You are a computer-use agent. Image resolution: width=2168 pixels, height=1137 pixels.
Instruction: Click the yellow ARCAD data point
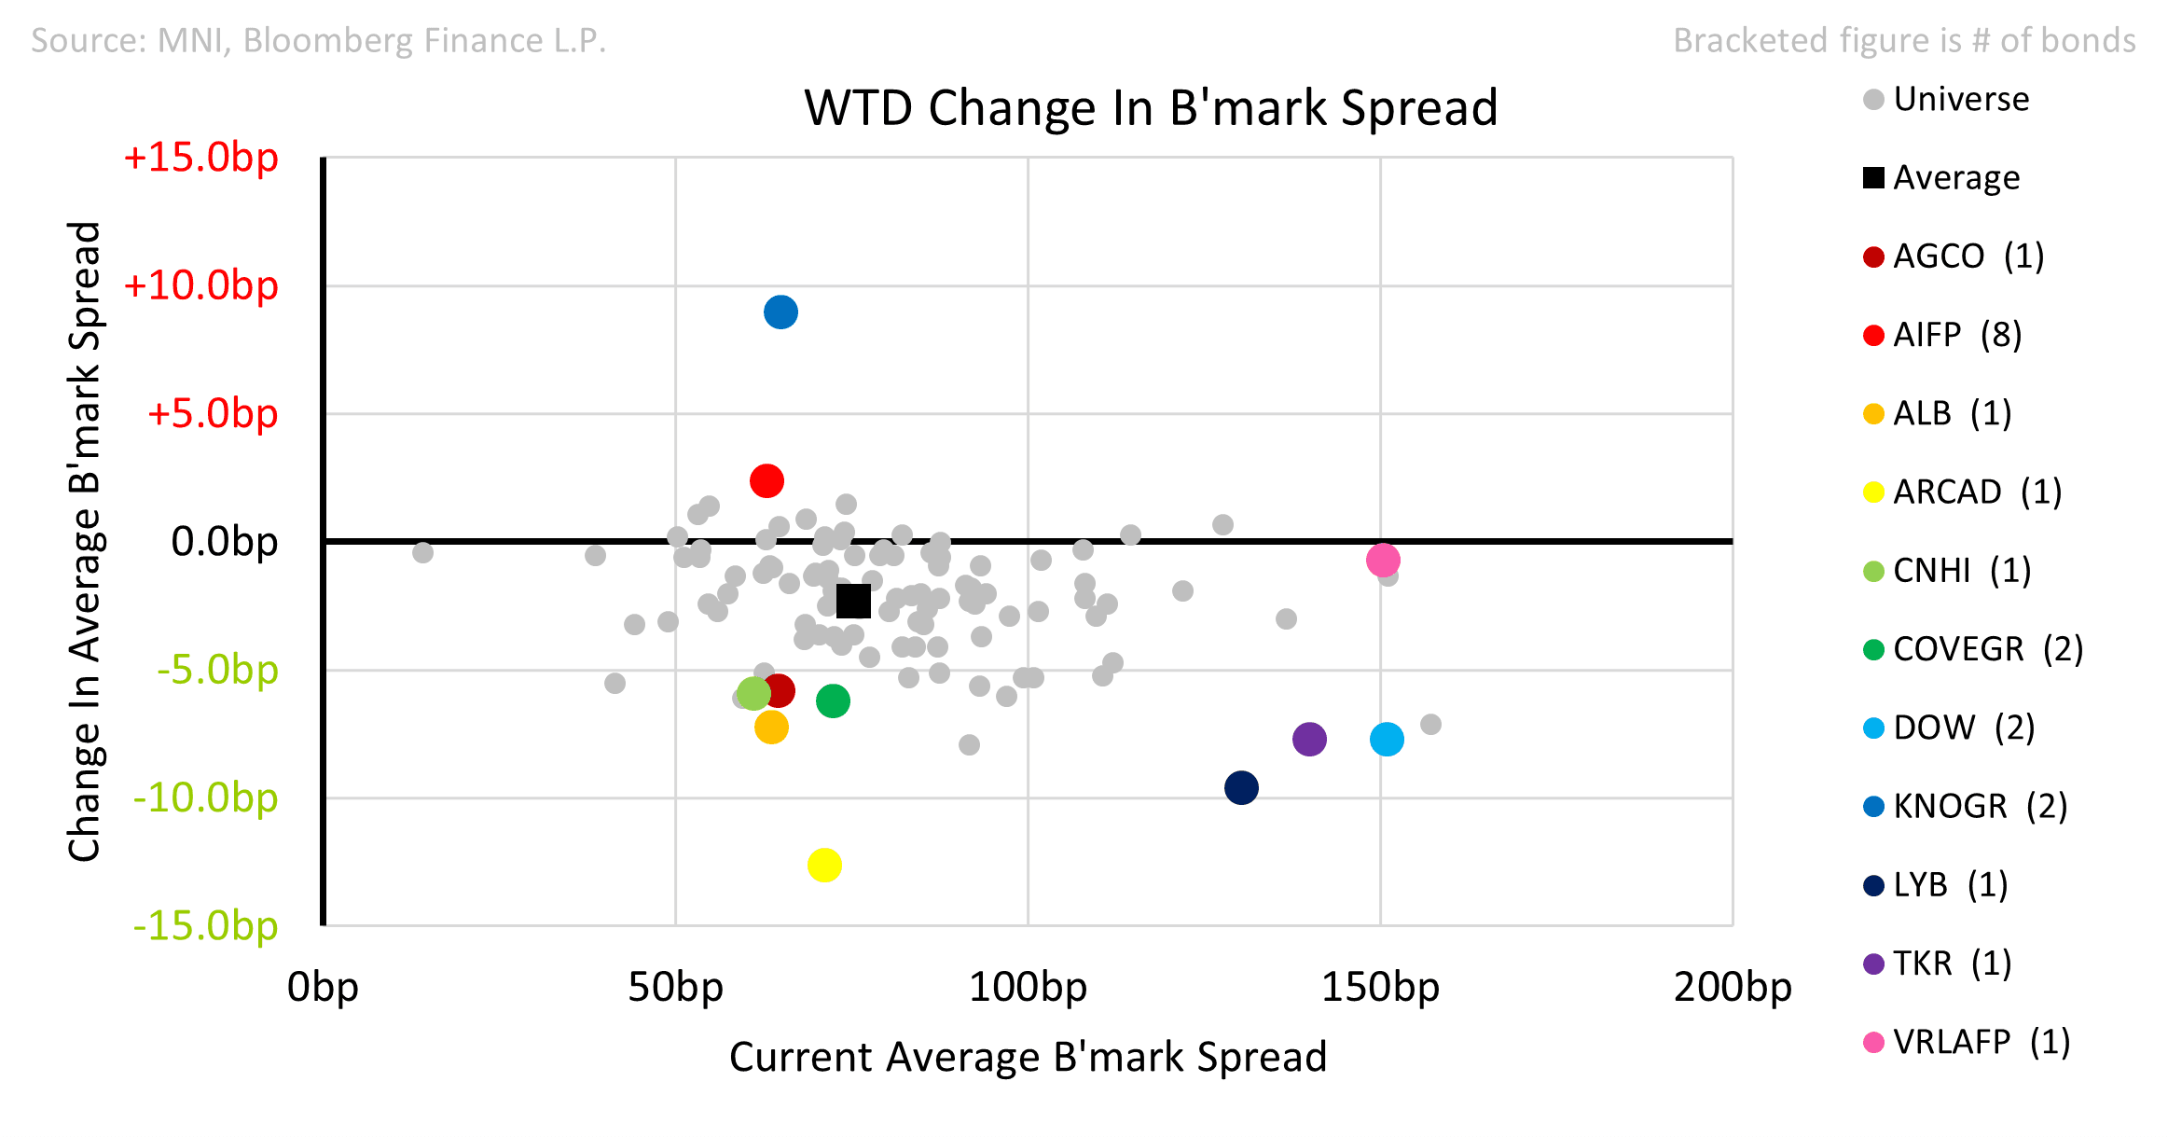[824, 865]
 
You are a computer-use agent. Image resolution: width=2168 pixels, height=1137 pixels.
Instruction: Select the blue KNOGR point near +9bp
[780, 312]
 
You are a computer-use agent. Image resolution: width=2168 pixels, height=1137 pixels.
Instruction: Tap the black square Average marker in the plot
[853, 602]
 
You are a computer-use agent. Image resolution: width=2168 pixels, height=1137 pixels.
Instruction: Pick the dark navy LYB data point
[1241, 787]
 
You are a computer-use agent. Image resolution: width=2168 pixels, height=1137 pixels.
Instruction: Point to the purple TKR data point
[1309, 739]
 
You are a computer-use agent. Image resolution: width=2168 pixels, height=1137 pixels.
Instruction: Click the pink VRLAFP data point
[1383, 560]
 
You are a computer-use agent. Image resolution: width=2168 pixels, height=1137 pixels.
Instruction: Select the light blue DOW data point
[1387, 739]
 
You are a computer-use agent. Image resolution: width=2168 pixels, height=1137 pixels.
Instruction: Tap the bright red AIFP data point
[766, 480]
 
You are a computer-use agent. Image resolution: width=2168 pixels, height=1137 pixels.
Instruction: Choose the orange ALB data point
[771, 727]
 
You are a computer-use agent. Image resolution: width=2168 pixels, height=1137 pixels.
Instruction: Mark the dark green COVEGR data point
[833, 700]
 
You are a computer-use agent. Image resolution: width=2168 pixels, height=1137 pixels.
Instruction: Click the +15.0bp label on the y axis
[200, 157]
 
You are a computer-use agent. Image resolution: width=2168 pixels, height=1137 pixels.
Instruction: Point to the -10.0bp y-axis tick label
[205, 797]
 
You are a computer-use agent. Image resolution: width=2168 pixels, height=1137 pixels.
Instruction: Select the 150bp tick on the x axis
[1380, 987]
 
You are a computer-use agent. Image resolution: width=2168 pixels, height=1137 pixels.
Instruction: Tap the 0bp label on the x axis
[323, 987]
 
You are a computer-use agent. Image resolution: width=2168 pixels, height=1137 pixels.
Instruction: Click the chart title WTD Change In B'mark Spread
[1151, 107]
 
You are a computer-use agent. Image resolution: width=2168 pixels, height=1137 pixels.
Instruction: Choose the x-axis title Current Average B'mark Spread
[1028, 1057]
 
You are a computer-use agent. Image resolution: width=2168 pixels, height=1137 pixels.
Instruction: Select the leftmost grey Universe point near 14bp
[422, 552]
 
